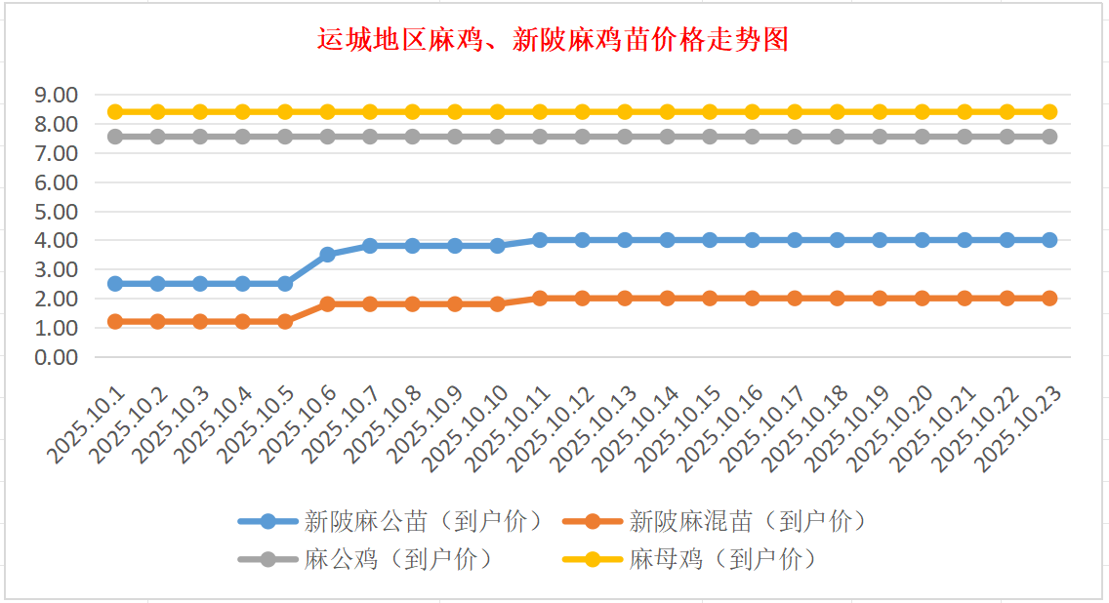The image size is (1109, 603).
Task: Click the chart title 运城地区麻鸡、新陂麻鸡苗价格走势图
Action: click(554, 41)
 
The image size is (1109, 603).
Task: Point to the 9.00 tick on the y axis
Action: click(56, 96)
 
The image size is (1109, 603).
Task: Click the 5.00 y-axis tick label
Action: click(56, 212)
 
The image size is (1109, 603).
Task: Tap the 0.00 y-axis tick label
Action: click(56, 357)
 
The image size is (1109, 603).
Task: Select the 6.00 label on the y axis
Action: click(56, 182)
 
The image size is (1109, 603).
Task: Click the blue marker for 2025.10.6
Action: click(328, 255)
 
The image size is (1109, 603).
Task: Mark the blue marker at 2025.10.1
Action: click(115, 284)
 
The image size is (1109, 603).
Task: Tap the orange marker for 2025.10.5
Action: click(285, 321)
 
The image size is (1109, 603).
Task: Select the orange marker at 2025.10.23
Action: click(1049, 299)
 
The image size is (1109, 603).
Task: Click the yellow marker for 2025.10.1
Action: click(115, 112)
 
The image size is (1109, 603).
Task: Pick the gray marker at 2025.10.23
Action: click(1049, 137)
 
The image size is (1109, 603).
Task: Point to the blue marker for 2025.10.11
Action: click(540, 240)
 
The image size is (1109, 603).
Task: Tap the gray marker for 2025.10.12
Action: click(583, 137)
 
